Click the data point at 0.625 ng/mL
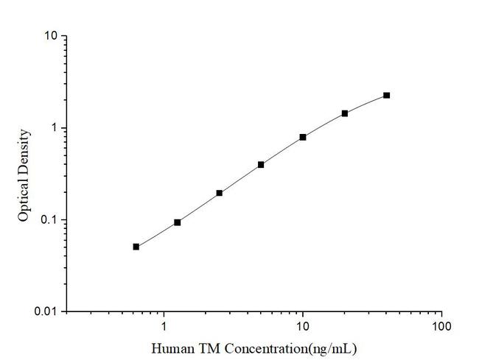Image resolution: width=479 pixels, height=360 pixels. pyautogui.click(x=136, y=247)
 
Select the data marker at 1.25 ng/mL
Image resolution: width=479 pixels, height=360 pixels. pyautogui.click(x=178, y=222)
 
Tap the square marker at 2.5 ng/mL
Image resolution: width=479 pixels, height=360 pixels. pyautogui.click(x=220, y=193)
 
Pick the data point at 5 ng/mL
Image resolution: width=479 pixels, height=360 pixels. pyautogui.click(x=261, y=165)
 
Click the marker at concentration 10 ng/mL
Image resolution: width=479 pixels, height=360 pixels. pyautogui.click(x=303, y=137)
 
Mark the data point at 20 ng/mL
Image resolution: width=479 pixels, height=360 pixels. pyautogui.click(x=344, y=113)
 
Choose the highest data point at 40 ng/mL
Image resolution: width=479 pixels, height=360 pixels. pyautogui.click(x=386, y=95)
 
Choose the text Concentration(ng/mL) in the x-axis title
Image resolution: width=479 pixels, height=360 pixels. pyautogui.click(x=288, y=347)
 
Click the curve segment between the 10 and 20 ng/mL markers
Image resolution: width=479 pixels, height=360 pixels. pyautogui.click(x=324, y=124)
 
